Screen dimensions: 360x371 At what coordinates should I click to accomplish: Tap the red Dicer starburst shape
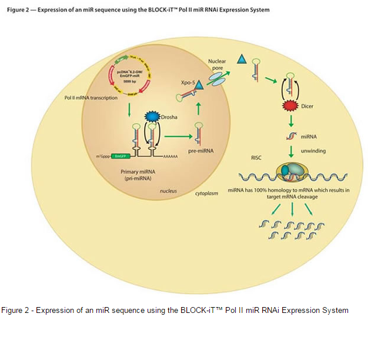289,106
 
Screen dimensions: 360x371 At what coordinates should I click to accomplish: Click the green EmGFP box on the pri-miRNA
121,156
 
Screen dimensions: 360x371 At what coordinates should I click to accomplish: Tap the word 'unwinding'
313,151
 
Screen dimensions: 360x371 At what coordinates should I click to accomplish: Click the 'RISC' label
256,158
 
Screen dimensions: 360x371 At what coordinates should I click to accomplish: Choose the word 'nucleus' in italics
169,191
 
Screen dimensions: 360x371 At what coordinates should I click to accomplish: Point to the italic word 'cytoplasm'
206,193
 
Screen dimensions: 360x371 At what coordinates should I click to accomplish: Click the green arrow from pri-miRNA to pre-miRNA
179,137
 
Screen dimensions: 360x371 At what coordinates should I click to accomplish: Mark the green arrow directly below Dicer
290,122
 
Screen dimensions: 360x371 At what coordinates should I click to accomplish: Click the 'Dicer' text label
308,106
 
